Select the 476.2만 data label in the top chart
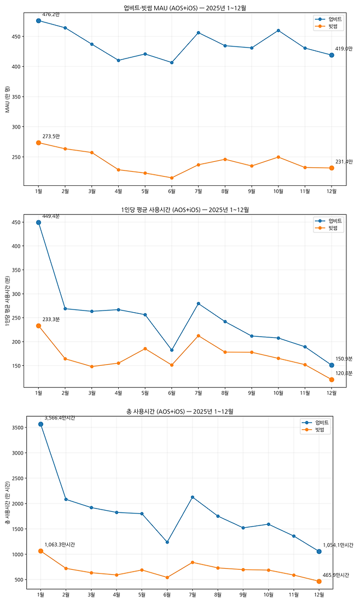coord(51,14)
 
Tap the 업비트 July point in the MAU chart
coord(198,33)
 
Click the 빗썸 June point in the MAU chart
coord(172,178)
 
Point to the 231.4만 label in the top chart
coord(344,161)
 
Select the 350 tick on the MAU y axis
coord(16,97)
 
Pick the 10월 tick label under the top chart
coord(278,191)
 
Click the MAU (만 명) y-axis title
coord(7,100)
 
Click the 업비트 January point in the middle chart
coord(38,223)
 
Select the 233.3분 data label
coord(51,319)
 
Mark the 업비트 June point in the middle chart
coord(172,350)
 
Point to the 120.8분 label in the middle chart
coord(344,373)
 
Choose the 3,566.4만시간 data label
coord(60,418)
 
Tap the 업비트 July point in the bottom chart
coord(192,497)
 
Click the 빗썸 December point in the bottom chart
coord(319,581)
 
